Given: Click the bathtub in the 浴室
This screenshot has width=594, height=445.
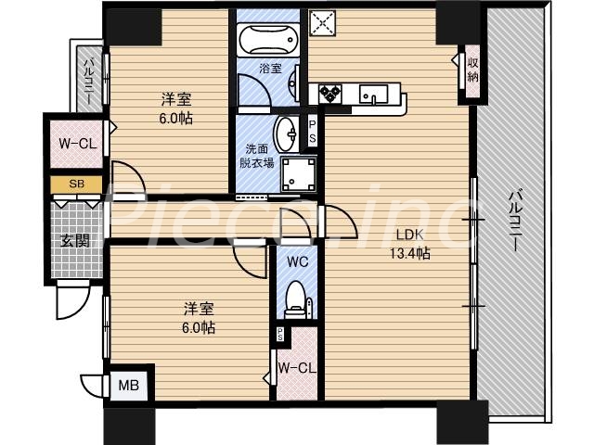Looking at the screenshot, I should (x=265, y=40).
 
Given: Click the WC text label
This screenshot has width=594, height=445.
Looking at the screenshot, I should (x=297, y=261).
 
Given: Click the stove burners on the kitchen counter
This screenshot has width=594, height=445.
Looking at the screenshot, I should (x=330, y=93).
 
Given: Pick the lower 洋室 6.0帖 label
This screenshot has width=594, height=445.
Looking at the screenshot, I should (x=198, y=318).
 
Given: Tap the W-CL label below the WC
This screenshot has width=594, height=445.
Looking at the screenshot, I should (x=297, y=368).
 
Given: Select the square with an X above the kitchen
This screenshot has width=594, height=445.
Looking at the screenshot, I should (x=325, y=22).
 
